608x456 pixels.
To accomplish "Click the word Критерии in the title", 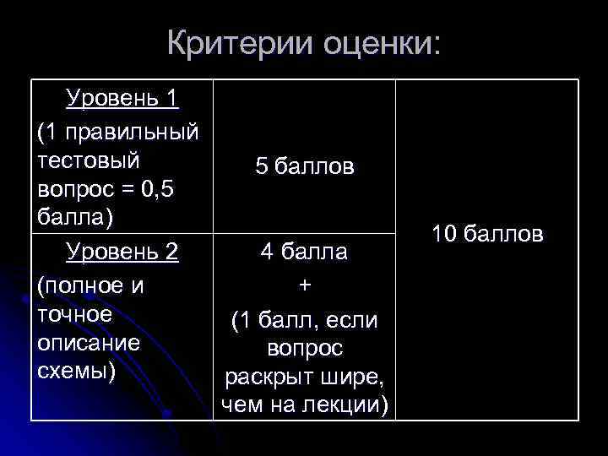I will coord(239,42).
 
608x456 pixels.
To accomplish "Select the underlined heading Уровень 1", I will coord(122,99).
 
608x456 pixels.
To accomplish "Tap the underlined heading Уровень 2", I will coord(122,252).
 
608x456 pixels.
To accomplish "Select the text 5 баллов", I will coord(305,167).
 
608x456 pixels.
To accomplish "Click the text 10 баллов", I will coord(487,233).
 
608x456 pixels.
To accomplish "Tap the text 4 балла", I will coord(305,252).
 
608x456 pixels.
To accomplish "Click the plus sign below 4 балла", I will coord(305,286).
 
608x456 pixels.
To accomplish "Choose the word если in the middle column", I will coord(355,321).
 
